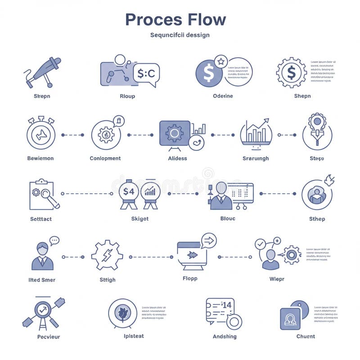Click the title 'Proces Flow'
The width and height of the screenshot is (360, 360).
click(175, 19)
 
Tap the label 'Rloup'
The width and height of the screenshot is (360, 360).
click(127, 96)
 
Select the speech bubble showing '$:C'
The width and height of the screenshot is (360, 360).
click(146, 73)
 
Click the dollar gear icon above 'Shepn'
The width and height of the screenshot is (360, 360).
click(291, 72)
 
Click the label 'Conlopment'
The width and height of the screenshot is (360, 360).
click(105, 158)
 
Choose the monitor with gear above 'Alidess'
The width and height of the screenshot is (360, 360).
click(175, 133)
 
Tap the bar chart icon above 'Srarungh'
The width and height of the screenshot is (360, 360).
click(256, 133)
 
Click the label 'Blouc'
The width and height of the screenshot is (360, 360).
click(228, 219)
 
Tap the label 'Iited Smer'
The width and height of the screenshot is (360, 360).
click(42, 280)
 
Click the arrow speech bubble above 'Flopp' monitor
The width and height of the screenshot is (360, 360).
click(209, 241)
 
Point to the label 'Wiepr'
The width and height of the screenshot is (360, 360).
click(277, 279)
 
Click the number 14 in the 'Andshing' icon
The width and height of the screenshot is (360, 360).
click(226, 305)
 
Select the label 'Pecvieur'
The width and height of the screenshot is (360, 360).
click(48, 337)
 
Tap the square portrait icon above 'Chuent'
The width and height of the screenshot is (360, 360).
click(290, 319)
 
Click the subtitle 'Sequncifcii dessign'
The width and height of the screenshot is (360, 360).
click(180, 35)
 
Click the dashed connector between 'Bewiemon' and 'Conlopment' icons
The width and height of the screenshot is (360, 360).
click(72, 135)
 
